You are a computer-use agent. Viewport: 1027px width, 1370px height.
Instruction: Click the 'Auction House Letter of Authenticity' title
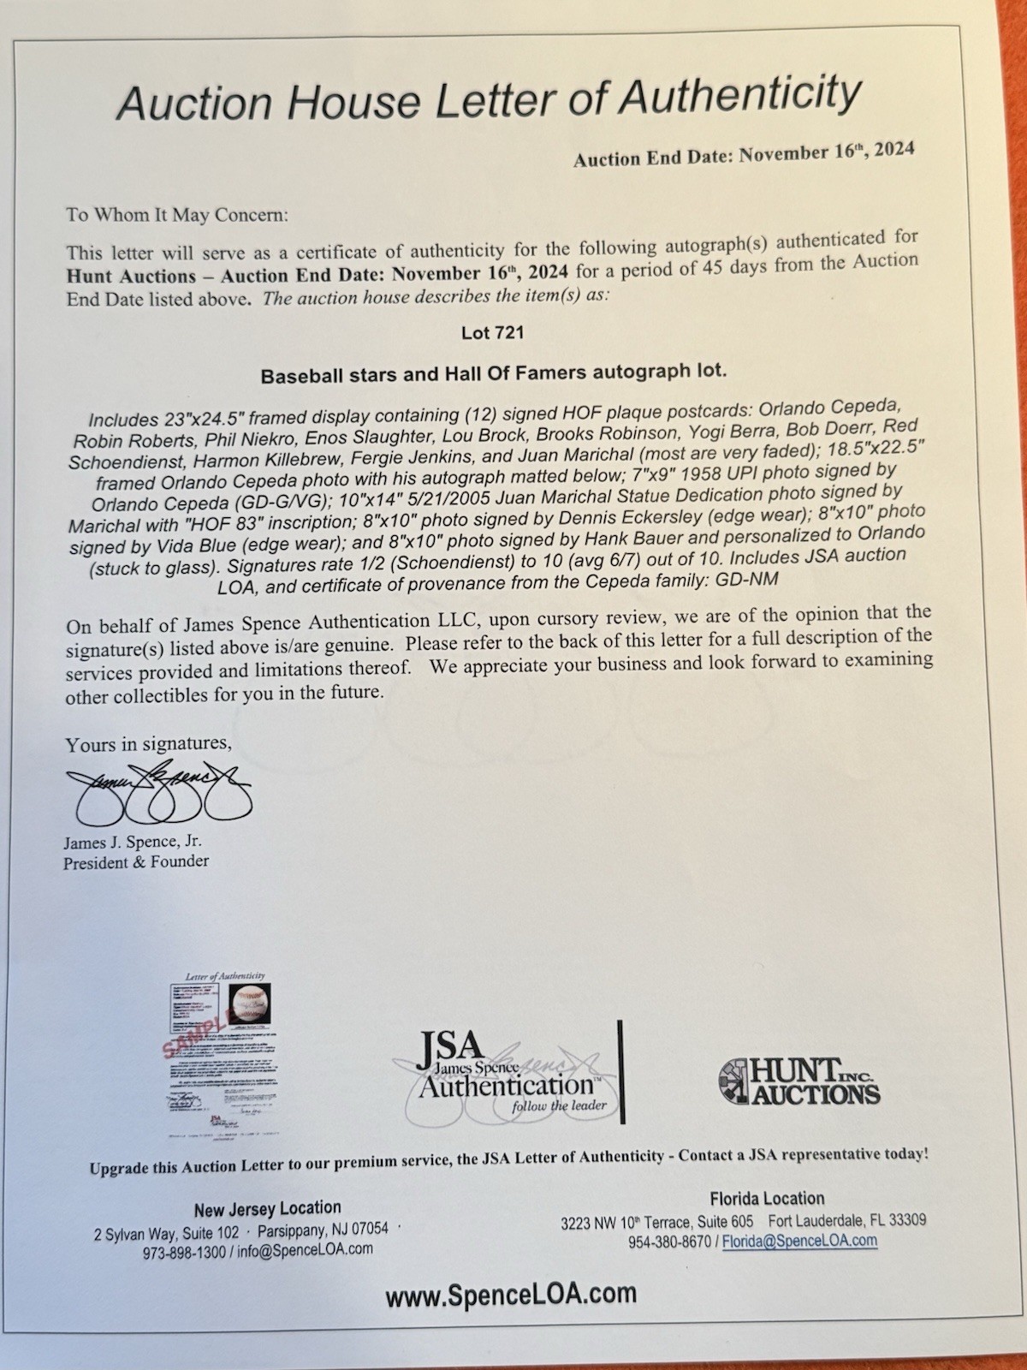coord(488,99)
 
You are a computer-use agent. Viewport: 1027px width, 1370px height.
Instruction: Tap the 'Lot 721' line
coord(492,333)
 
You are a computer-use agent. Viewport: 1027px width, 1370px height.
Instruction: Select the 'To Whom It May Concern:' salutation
coord(177,214)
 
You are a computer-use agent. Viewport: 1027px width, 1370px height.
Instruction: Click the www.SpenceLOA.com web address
coord(510,1294)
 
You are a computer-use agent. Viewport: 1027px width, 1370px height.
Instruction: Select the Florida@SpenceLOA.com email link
coord(800,1240)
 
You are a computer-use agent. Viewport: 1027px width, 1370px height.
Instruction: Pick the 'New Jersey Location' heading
coord(267,1208)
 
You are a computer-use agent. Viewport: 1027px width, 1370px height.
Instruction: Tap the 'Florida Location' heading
coord(767,1199)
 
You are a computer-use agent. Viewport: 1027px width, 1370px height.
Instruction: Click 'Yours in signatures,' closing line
coord(148,743)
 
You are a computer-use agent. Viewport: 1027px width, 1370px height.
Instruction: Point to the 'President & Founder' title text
coord(135,862)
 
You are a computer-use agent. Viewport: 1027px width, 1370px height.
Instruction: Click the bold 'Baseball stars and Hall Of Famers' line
coord(493,374)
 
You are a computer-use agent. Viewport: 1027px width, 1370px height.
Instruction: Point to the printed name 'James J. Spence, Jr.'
coord(133,843)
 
